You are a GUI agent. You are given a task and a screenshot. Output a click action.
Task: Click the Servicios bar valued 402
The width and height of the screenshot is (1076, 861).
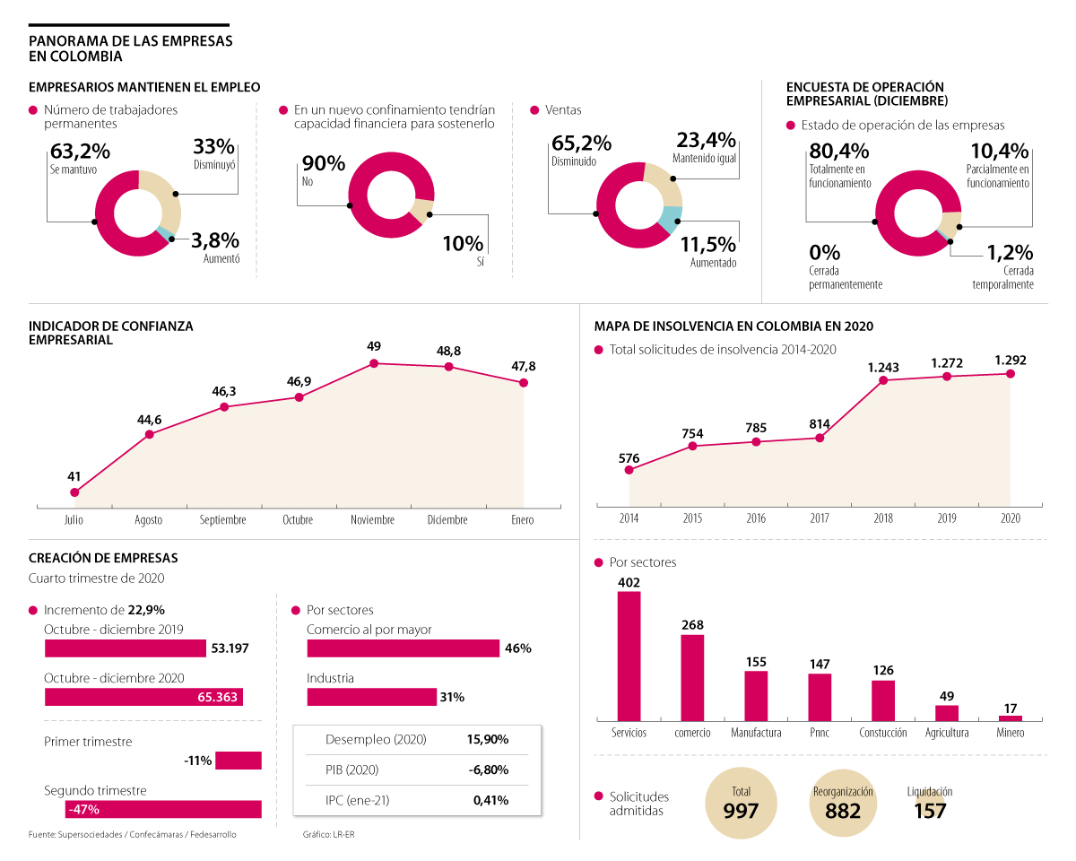pos(629,655)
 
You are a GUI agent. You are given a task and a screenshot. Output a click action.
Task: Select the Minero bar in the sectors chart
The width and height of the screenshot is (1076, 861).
pos(1011,717)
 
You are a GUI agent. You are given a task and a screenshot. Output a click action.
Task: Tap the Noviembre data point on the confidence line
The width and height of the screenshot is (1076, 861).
pos(374,363)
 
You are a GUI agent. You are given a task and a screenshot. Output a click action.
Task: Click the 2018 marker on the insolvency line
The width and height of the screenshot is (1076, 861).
pos(883,380)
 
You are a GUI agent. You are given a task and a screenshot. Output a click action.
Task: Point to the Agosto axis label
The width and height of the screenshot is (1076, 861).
pos(149,520)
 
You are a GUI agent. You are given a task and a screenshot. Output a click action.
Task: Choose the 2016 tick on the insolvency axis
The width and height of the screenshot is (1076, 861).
pos(756,518)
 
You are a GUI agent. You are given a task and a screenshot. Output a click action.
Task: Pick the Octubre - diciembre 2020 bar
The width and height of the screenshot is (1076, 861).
pos(143,697)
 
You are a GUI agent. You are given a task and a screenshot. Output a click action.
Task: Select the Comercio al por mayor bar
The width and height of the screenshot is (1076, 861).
pos(403,648)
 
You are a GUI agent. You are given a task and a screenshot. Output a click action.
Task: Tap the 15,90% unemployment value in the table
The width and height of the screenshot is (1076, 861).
pos(487,740)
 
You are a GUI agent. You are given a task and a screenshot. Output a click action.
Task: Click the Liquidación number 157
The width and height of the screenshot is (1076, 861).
pos(929,812)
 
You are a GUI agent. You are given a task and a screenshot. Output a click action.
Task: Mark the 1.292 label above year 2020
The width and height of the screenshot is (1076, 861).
pos(1011,361)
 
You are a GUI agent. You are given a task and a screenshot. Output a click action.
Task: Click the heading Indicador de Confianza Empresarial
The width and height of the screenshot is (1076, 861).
pos(111,333)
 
